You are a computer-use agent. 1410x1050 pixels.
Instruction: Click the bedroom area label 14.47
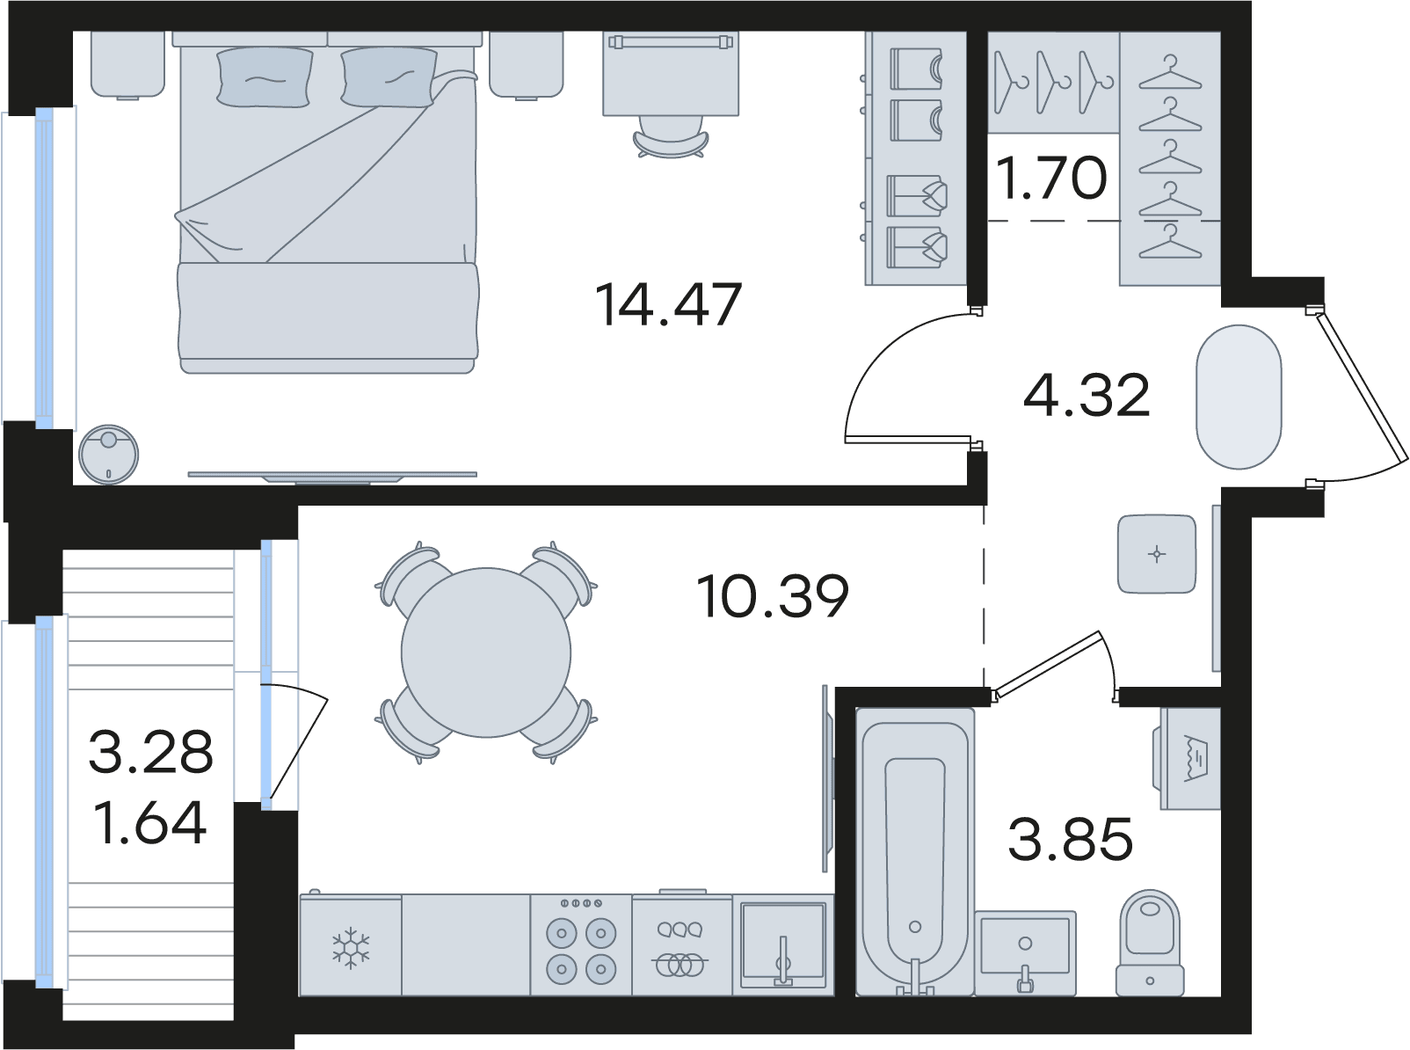668,304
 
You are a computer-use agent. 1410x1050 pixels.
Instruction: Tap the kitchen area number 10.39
773,596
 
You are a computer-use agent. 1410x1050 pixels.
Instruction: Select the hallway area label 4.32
1087,395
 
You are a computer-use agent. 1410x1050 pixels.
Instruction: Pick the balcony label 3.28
150,753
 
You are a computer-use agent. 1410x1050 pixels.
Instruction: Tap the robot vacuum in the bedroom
109,454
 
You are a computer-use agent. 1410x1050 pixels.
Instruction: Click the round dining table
486,653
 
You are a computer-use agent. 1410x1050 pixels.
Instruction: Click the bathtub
915,852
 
